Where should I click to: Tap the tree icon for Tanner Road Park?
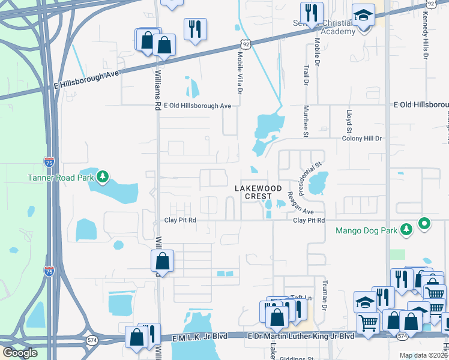tap(103, 176)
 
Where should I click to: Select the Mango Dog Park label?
tap(367, 230)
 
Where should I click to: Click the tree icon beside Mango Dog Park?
tap(406, 229)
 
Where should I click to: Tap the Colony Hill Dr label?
tap(362, 139)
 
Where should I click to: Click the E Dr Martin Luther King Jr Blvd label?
tap(301, 336)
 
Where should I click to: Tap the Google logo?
tap(20, 353)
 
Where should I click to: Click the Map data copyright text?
tap(423, 355)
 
